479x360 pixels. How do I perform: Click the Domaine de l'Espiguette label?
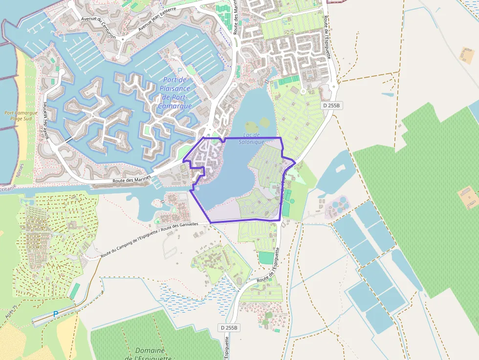pos(149,354)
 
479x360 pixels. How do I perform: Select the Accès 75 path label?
pos(10,313)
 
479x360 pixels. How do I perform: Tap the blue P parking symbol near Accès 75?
pos(55,314)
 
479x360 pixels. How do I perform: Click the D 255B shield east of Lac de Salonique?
pos(331,106)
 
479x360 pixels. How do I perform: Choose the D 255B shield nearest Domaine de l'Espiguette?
pos(228,328)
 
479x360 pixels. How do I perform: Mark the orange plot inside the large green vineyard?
pos(468,197)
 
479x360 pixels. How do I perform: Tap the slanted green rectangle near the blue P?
pos(75,291)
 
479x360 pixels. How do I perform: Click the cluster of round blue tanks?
pos(337,204)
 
